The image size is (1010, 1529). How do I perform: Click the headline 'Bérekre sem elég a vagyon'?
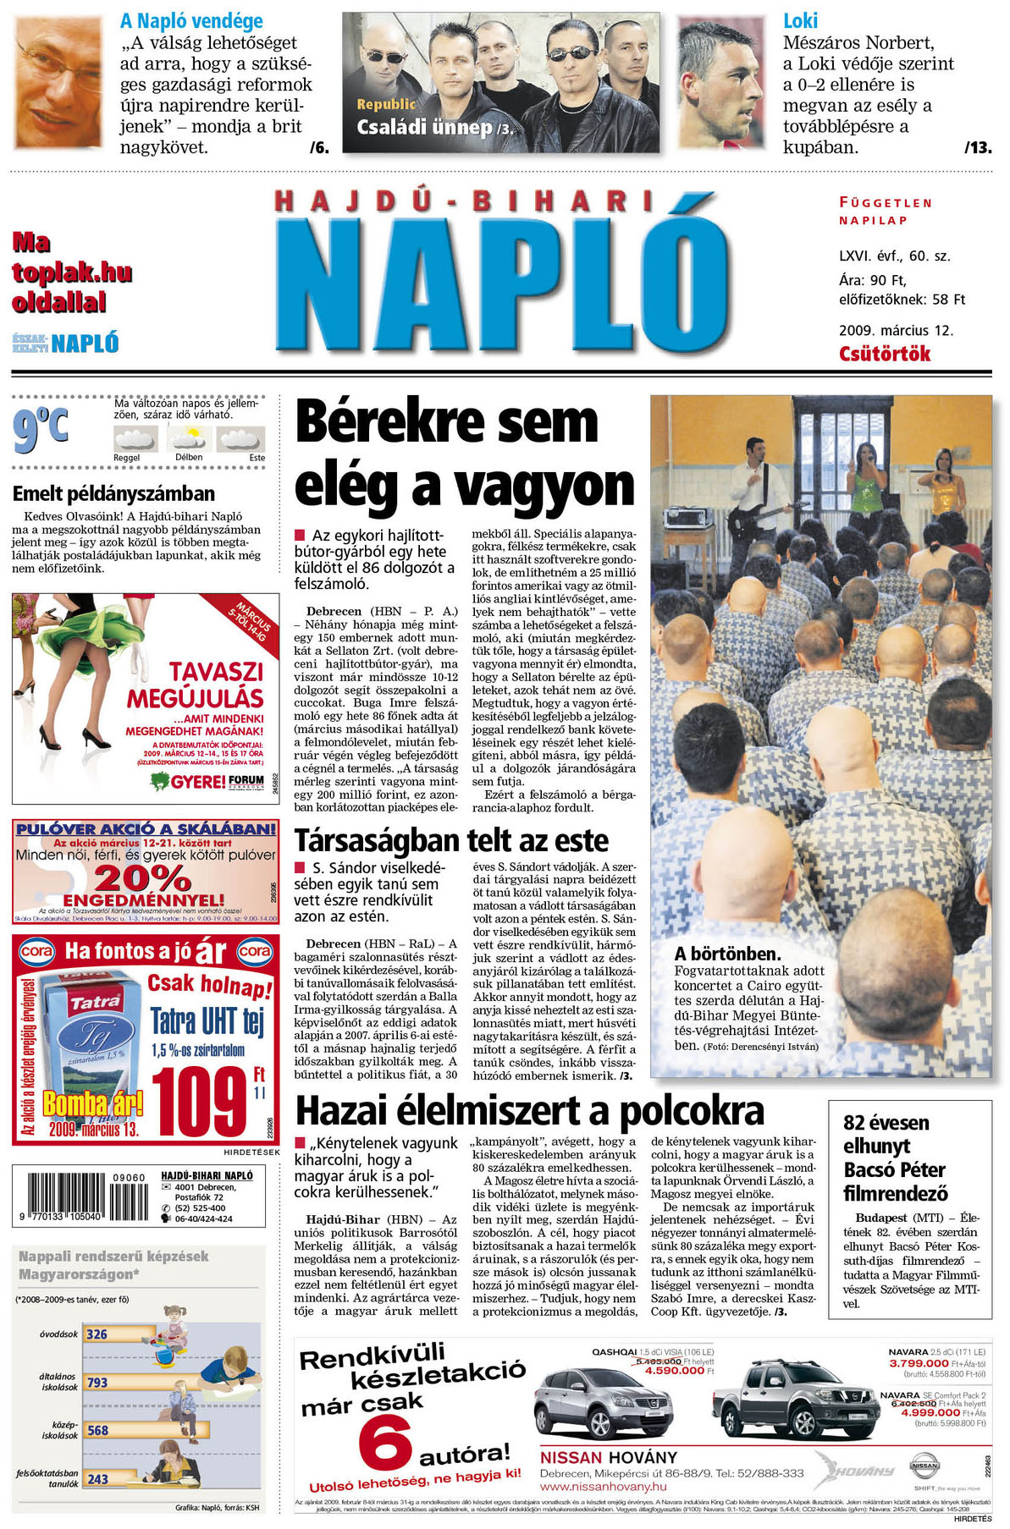[x=464, y=454]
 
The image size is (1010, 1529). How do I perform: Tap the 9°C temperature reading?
[x=40, y=428]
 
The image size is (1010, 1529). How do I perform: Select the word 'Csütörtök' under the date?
[x=884, y=354]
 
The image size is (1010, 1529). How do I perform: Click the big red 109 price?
[x=201, y=1101]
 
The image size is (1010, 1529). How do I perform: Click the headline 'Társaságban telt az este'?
[x=451, y=841]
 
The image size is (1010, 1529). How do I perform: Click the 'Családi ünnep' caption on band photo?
[x=425, y=128]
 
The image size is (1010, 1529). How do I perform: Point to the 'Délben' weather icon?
[x=188, y=439]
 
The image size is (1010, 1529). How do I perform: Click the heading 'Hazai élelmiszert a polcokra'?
[x=530, y=1111]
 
